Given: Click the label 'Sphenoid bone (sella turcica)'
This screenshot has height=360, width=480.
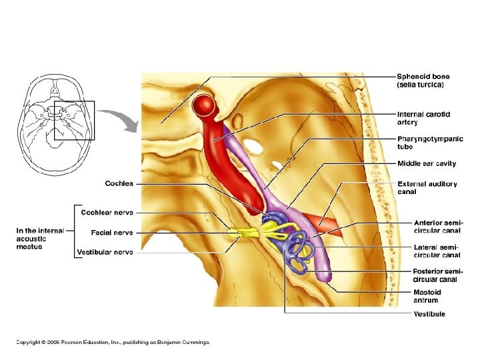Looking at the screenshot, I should point(423,81).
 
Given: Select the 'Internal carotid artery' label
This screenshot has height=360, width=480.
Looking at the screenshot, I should point(423,118).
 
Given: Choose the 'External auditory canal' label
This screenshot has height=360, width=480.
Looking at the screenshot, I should point(427,187).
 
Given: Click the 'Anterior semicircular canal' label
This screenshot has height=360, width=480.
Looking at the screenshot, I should point(438,226).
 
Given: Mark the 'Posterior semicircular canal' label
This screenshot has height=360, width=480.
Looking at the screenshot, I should point(438,275).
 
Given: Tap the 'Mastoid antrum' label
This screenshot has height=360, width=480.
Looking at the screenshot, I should point(427,296).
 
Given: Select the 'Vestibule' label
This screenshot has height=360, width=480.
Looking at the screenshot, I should point(429,314).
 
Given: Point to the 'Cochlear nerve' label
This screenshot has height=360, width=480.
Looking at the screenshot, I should point(107,213).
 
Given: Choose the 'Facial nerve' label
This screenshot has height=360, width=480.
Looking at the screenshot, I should point(112,233).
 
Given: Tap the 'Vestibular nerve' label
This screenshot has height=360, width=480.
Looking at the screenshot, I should point(105,252).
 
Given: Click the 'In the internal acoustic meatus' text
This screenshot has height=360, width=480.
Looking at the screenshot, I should point(40,239).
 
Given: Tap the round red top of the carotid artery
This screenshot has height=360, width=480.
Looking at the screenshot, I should point(204,105).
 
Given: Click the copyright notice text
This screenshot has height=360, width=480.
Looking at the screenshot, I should point(113,342).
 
